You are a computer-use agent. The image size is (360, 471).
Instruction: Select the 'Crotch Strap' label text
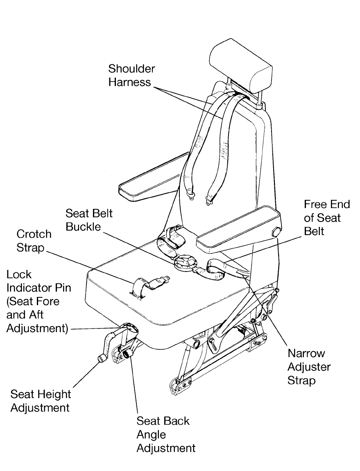pos(34,241)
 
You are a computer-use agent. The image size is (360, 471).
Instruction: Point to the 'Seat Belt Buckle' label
pos(89,220)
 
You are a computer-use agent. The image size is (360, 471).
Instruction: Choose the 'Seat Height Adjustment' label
pos(40,401)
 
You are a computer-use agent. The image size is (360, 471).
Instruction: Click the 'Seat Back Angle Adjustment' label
pos(165,434)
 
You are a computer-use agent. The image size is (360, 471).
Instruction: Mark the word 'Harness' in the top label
pos(129,82)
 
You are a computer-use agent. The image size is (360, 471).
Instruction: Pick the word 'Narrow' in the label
pos(306,353)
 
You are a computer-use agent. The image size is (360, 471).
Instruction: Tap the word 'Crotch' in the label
pos(34,234)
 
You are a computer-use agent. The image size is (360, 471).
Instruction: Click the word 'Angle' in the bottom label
pos(151,434)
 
